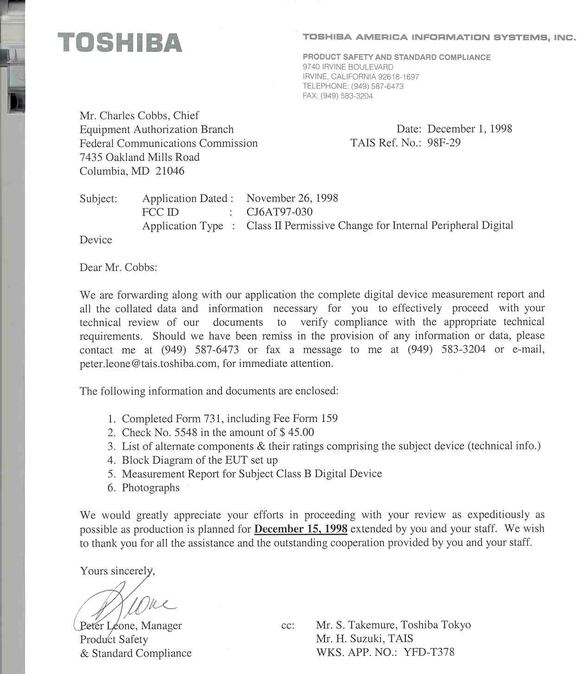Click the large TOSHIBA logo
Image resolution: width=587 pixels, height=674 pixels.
coord(120,42)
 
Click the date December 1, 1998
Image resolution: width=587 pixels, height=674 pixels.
coord(469,129)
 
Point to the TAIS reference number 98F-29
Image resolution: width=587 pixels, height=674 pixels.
coord(444,143)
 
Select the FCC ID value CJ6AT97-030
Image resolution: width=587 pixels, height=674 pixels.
coord(279,212)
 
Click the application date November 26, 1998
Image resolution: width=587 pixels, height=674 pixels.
coord(292,198)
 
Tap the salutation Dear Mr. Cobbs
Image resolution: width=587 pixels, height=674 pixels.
coord(118,267)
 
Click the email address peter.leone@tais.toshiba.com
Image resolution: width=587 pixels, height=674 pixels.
coord(148,364)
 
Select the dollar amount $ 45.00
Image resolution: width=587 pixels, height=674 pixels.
coord(297,433)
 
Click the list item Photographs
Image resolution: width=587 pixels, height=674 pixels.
coord(150,488)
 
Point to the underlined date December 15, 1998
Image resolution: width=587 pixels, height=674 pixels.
coord(301,529)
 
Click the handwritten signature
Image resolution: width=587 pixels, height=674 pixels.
coord(125,605)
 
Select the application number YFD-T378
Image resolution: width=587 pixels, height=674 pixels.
coord(429,653)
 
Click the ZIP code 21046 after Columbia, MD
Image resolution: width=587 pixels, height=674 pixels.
coord(170,171)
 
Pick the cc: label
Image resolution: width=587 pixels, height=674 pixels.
coord(287,625)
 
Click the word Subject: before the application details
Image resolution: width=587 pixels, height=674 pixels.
coord(98,199)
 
